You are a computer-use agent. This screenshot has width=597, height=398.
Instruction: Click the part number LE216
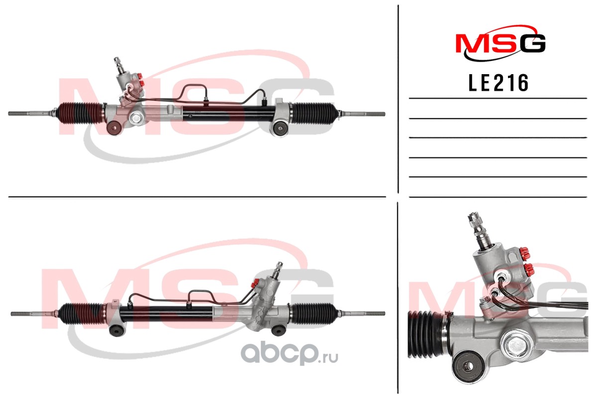tap(498, 83)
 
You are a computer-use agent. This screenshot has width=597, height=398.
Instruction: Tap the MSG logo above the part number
tap(500, 43)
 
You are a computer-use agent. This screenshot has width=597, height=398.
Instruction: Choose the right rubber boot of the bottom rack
tap(314, 314)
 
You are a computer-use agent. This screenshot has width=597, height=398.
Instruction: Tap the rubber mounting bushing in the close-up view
tap(468, 366)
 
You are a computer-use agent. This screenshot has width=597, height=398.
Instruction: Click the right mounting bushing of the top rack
tap(280, 128)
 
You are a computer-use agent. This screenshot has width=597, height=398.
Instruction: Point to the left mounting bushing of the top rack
tap(114, 128)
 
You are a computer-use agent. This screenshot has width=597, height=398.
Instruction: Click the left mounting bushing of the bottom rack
tap(116, 329)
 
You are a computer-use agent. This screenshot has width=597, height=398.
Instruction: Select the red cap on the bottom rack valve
tap(255, 283)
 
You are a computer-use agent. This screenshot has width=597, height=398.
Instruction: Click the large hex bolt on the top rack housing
tap(136, 117)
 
